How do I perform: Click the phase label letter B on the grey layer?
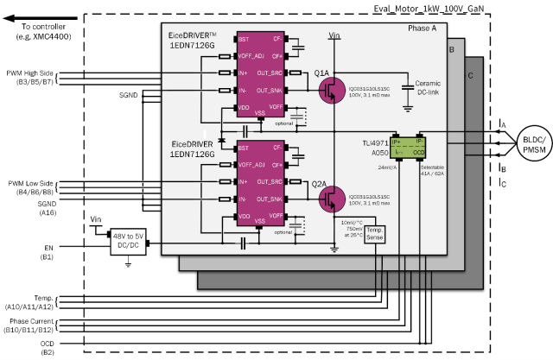(x=451, y=50)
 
